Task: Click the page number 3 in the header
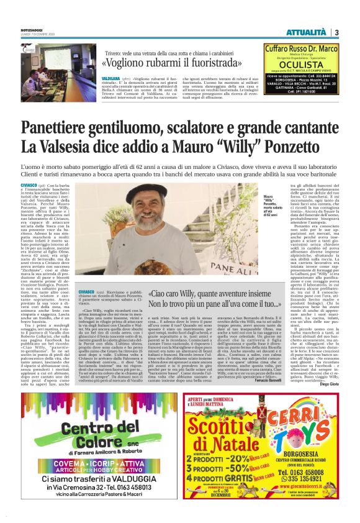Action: tap(336, 32)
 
